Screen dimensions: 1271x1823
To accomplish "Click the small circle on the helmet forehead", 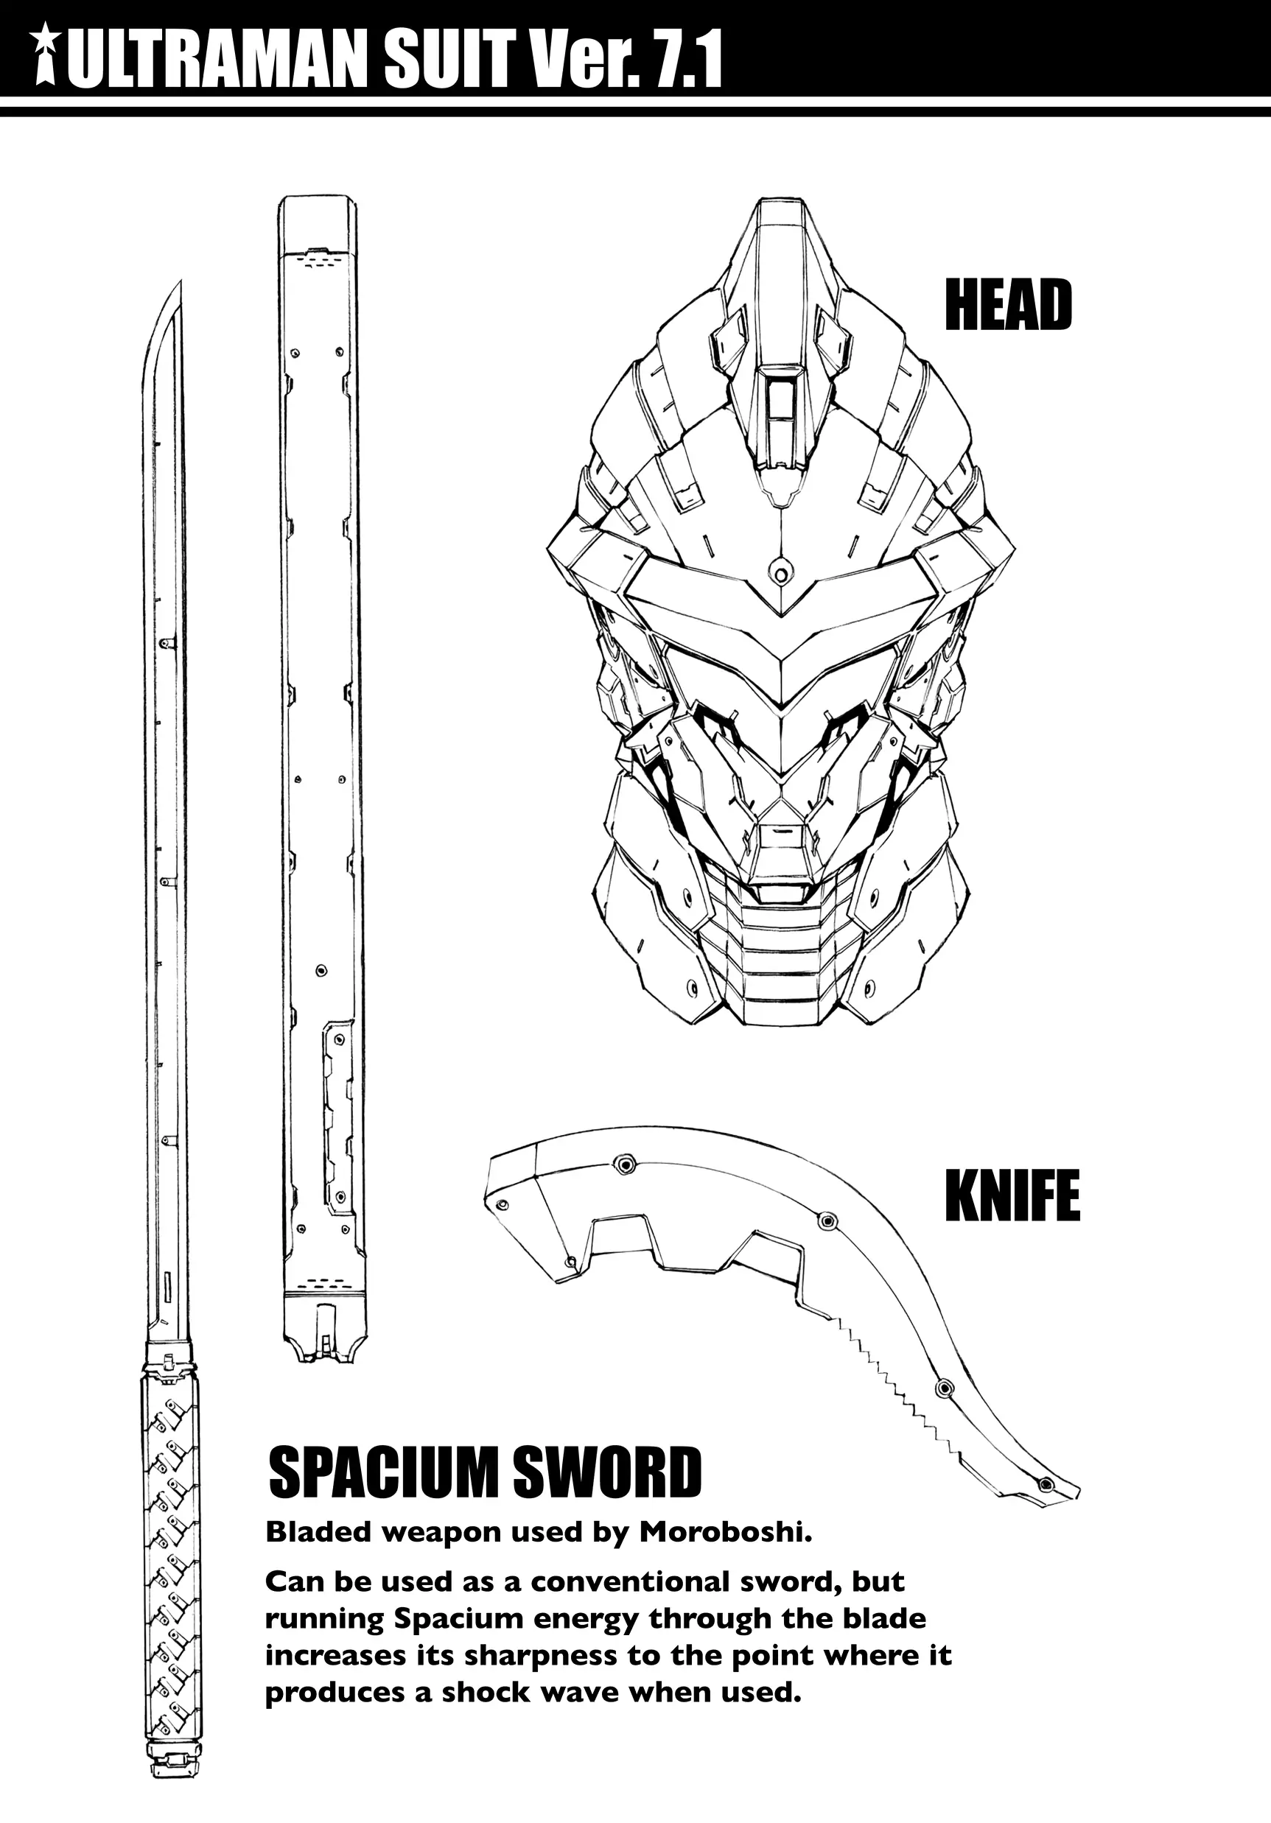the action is coord(782,572).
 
